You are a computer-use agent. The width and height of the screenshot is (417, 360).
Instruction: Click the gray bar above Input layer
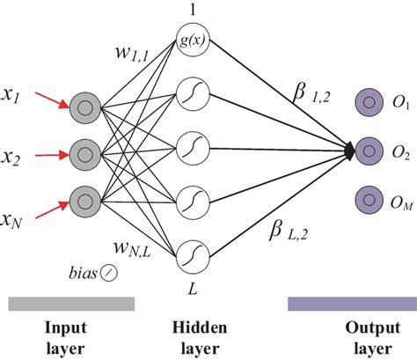71,303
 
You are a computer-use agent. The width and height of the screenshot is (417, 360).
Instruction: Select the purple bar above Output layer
351,303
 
